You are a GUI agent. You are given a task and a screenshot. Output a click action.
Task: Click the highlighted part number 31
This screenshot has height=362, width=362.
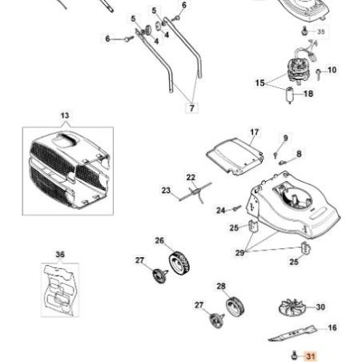(311, 356)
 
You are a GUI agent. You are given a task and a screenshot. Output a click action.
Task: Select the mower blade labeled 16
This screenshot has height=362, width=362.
(292, 333)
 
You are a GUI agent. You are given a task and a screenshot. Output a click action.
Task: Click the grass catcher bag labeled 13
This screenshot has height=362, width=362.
(70, 170)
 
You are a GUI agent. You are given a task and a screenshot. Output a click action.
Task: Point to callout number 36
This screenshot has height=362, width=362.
(60, 255)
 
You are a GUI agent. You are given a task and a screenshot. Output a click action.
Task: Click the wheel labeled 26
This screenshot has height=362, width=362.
(179, 263)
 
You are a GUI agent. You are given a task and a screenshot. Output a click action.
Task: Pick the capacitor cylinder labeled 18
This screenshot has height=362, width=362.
(290, 95)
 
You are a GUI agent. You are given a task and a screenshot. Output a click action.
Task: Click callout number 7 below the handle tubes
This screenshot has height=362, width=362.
(192, 108)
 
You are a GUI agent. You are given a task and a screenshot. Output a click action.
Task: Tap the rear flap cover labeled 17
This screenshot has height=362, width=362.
(235, 155)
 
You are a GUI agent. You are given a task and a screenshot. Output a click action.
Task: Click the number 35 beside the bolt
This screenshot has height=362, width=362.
(321, 32)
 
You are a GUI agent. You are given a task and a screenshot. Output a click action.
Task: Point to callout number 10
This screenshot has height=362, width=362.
(332, 70)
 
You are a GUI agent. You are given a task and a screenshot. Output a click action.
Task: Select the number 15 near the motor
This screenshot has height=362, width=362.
(259, 82)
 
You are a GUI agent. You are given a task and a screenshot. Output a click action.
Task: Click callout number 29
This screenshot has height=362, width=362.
(239, 252)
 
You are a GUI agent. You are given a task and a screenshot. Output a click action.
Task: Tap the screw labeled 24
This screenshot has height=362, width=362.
(236, 208)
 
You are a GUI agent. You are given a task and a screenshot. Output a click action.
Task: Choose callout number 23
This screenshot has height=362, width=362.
(166, 191)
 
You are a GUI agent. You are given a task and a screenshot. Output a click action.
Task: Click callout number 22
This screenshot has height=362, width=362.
(191, 178)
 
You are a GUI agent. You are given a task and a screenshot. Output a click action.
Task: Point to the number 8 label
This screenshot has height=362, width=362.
(299, 154)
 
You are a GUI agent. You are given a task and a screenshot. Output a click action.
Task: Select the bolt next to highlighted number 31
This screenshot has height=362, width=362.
(295, 356)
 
